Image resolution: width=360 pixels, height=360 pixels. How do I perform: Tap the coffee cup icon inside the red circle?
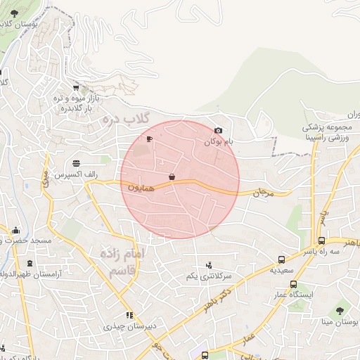click(149, 139)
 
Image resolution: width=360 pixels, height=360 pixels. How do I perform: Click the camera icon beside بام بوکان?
click(218, 131)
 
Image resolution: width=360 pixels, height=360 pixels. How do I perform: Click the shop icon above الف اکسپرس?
click(76, 163)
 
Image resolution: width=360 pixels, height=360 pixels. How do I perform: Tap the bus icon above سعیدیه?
click(282, 259)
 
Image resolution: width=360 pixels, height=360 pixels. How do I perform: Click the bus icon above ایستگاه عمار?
click(292, 285)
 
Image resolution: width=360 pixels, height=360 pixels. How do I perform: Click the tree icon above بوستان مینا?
click(340, 309)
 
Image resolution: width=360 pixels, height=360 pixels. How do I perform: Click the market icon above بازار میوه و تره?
click(75, 89)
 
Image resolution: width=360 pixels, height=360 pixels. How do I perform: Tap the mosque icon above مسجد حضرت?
click(15, 230)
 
